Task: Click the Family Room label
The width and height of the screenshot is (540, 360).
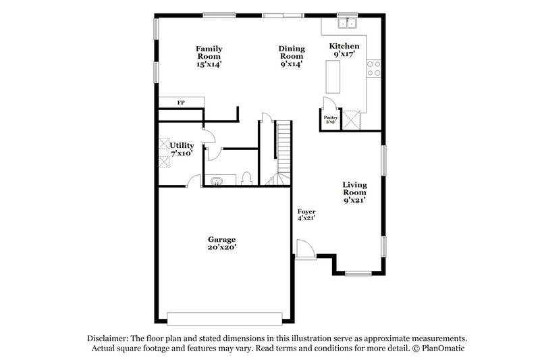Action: pyautogui.click(x=209, y=57)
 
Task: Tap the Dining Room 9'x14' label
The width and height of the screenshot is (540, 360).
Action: pyautogui.click(x=292, y=57)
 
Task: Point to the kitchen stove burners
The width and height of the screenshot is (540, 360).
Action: pyautogui.click(x=373, y=68)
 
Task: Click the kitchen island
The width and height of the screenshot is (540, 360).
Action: pyautogui.click(x=333, y=76)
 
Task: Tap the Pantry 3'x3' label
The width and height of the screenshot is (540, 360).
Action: pyautogui.click(x=330, y=120)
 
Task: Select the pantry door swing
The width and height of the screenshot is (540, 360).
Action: pyautogui.click(x=330, y=104)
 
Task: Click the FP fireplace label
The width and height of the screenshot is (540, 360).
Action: pyautogui.click(x=181, y=103)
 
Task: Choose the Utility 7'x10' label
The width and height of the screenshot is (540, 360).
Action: pyautogui.click(x=182, y=149)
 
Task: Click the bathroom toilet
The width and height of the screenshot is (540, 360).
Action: pyautogui.click(x=247, y=178)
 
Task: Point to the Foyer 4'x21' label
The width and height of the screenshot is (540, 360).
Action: pyautogui.click(x=306, y=215)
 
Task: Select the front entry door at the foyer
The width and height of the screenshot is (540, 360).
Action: pyautogui.click(x=303, y=249)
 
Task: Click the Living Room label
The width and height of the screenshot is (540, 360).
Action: pyautogui.click(x=354, y=192)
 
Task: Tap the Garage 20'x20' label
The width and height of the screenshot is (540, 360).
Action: pyautogui.click(x=221, y=243)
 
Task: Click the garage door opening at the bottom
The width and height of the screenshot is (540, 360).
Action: pyautogui.click(x=224, y=317)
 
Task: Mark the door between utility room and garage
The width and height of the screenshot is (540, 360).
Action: pyautogui.click(x=194, y=180)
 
